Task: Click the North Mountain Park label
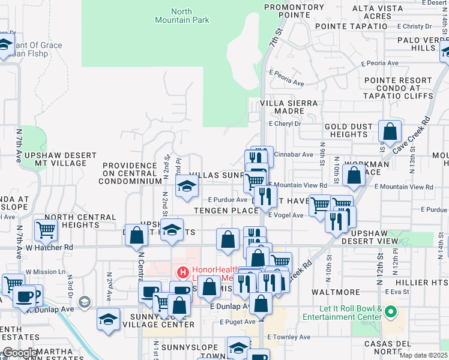[190, 16]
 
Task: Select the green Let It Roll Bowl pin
[391, 311]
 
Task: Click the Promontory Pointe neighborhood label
[286, 11]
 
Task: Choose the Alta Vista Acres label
[372, 11]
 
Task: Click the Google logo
[20, 353]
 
